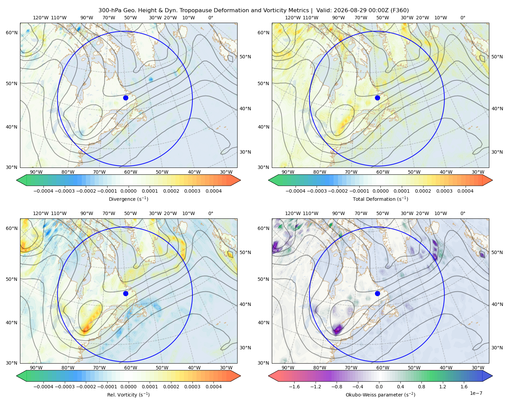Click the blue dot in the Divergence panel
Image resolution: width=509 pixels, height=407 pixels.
click(126, 98)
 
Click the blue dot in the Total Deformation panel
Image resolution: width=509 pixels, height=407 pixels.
click(377, 98)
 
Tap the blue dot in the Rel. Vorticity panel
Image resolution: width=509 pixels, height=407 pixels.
click(126, 293)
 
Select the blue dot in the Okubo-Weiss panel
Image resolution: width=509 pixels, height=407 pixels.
click(377, 293)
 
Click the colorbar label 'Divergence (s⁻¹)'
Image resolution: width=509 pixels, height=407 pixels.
click(128, 199)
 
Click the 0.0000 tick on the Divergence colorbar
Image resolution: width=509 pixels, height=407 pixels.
click(128, 191)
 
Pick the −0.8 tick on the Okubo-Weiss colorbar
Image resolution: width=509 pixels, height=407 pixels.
click(337, 387)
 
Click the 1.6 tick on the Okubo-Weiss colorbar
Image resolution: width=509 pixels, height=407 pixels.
click(464, 387)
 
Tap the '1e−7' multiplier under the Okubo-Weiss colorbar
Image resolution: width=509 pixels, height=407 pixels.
click(476, 393)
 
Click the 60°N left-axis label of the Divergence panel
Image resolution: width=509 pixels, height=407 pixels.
click(12, 33)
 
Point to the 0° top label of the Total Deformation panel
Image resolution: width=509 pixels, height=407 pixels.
click(463, 18)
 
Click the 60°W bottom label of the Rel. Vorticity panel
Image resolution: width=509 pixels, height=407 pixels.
click(131, 368)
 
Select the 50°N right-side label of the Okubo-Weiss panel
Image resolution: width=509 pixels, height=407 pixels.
click(497, 252)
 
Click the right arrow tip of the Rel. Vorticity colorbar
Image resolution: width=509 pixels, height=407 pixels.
click(241, 376)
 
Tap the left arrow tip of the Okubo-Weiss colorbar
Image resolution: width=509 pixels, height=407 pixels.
click(268, 376)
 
